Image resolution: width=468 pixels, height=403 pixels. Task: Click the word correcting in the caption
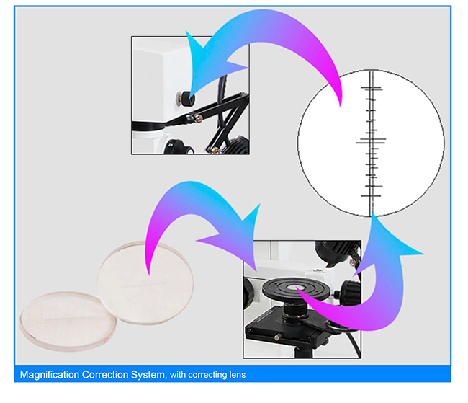tap(209, 375)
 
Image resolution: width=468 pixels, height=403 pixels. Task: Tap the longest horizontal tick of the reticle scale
tap(372, 140)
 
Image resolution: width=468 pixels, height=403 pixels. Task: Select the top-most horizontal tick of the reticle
tap(372, 88)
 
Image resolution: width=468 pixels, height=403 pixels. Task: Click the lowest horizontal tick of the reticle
tap(372, 196)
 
